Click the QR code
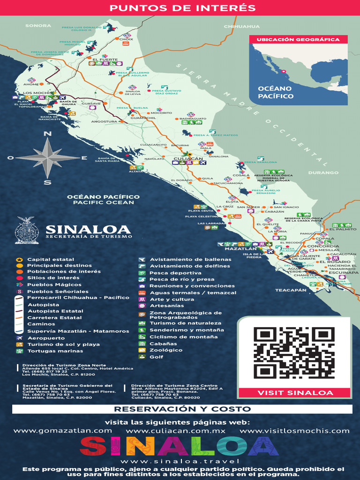click(294, 353)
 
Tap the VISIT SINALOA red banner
click(294, 393)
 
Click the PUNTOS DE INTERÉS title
click(182, 8)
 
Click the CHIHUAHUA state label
click(241, 27)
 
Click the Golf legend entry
click(156, 357)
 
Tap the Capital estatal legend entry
click(50, 259)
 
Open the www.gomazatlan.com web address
click(62, 431)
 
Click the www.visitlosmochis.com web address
click(294, 431)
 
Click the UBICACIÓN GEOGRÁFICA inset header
click(298, 40)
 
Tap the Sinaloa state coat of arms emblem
click(27, 230)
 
